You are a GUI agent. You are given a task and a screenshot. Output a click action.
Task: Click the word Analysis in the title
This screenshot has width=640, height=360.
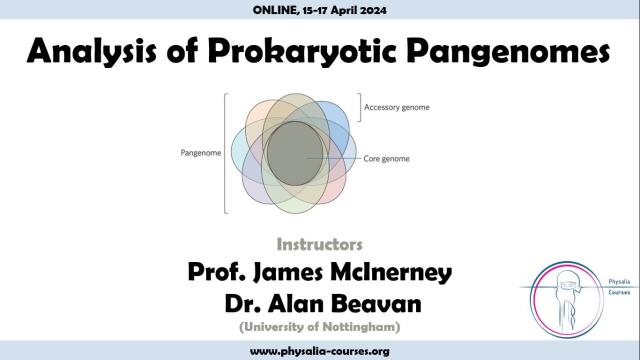pyautogui.click(x=92, y=52)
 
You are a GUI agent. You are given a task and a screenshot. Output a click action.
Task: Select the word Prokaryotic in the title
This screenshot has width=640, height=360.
pyautogui.click(x=302, y=52)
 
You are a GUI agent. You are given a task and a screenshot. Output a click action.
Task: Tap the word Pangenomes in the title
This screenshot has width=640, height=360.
pyautogui.click(x=508, y=52)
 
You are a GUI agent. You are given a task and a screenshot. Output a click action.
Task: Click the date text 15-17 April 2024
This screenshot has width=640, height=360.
pyautogui.click(x=344, y=10)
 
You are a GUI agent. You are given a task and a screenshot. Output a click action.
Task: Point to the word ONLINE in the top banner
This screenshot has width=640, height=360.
pyautogui.click(x=276, y=10)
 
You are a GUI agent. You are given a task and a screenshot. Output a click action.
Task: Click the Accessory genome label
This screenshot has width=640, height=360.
pyautogui.click(x=397, y=107)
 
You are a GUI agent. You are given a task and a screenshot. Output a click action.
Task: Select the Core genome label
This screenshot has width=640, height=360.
pyautogui.click(x=387, y=159)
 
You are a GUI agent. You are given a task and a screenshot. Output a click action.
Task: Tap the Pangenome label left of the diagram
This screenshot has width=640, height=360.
pyautogui.click(x=201, y=153)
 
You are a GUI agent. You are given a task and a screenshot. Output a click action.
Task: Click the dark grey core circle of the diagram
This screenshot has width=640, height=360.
pyautogui.click(x=295, y=153)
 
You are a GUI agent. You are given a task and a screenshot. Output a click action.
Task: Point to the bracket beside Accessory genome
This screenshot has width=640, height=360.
pyautogui.click(x=360, y=107)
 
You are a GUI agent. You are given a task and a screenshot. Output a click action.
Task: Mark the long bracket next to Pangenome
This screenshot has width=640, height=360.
pyautogui.click(x=225, y=153)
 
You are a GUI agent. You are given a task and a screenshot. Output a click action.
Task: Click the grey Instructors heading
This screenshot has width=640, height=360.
pyautogui.click(x=320, y=245)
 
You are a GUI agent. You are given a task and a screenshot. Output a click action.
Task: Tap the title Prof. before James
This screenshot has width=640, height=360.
pyautogui.click(x=217, y=272)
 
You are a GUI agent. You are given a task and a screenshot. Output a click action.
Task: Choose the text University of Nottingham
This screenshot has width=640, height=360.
pyautogui.click(x=320, y=327)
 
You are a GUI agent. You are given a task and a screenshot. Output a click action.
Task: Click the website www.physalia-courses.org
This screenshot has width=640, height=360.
pyautogui.click(x=320, y=351)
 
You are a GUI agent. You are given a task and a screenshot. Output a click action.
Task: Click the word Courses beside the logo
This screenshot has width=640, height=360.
pyautogui.click(x=619, y=293)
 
